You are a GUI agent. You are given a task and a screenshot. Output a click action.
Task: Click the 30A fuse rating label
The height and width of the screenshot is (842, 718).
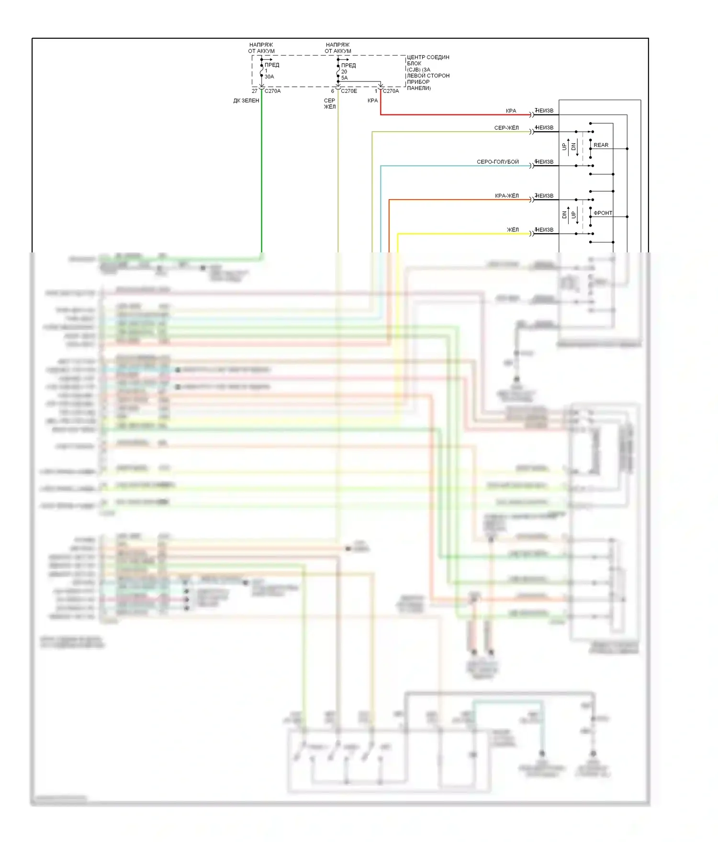(269, 77)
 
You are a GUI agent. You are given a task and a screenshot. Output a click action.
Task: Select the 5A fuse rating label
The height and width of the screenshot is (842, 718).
(345, 78)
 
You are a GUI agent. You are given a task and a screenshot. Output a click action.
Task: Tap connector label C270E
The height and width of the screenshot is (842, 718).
(349, 91)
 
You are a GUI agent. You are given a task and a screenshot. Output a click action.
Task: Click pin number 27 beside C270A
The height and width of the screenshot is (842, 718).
(255, 91)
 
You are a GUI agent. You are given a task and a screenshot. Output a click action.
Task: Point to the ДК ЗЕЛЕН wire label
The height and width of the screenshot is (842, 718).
(246, 101)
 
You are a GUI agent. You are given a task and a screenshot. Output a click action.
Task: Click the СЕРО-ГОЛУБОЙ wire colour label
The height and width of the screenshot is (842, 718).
(497, 162)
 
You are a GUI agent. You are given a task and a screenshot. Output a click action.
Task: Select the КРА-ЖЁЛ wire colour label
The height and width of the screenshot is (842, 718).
(506, 196)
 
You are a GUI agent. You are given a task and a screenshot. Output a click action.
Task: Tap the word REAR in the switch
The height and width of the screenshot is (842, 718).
(601, 145)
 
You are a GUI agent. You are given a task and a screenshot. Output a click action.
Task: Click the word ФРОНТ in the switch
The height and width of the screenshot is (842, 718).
(603, 213)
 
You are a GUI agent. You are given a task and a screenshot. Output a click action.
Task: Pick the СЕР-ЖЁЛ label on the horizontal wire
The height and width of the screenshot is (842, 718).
(506, 128)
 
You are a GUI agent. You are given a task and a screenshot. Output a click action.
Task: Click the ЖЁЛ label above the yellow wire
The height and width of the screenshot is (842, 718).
(513, 230)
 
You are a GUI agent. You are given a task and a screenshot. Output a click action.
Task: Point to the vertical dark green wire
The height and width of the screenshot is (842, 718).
(261, 172)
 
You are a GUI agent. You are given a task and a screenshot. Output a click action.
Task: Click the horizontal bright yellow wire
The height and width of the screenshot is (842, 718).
(460, 234)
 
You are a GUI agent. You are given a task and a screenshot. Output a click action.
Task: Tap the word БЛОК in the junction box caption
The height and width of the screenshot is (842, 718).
(414, 63)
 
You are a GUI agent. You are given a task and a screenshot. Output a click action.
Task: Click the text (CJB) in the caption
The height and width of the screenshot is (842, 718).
(414, 69)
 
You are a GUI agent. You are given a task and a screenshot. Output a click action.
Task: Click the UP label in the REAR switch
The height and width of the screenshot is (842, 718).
(564, 146)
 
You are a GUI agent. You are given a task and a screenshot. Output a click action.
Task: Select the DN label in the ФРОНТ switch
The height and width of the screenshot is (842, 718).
(564, 215)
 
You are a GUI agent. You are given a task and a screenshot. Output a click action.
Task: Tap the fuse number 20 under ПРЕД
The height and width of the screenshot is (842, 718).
(344, 71)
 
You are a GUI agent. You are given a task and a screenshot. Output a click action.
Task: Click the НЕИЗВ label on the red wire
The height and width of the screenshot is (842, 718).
(544, 111)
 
